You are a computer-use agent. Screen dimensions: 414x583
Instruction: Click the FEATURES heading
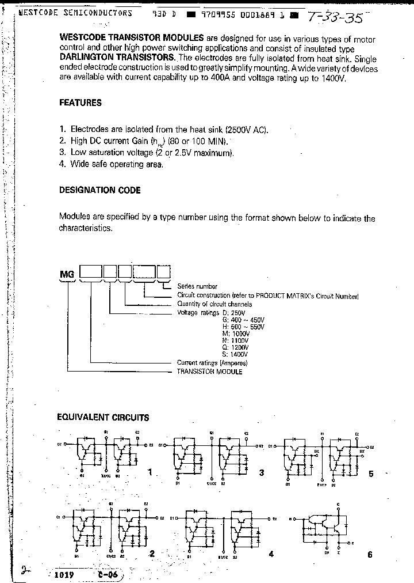[80, 103]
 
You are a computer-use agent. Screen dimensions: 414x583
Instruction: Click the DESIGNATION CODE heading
[100, 190]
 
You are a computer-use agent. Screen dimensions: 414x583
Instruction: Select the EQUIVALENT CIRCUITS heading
[103, 418]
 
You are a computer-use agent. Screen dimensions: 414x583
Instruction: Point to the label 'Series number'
[197, 286]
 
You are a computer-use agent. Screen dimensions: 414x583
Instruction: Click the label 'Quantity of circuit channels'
[214, 304]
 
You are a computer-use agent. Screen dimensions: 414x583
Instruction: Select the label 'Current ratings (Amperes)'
[212, 363]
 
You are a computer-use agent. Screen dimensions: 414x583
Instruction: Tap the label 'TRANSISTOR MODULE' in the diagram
[210, 372]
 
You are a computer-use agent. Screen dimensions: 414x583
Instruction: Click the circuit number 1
[150, 472]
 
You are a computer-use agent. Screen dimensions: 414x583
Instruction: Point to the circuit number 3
[262, 473]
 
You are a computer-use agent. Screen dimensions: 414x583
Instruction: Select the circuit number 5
[371, 474]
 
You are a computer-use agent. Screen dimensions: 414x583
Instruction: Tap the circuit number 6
[370, 555]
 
